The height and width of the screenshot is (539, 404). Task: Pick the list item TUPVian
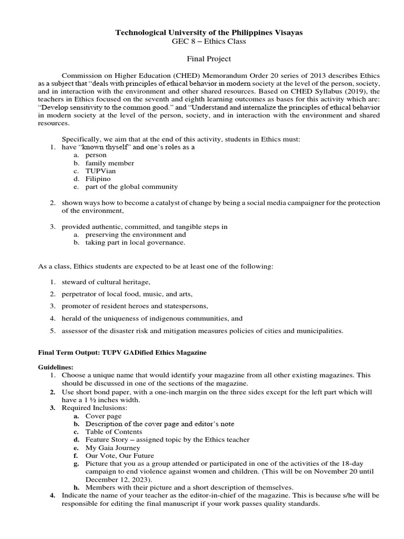pyautogui.click(x=101, y=171)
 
